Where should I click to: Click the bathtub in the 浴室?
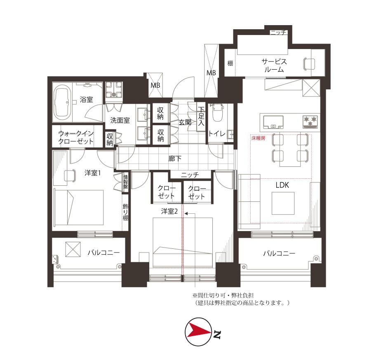click(x=62, y=103)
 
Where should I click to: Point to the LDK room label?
click(x=282, y=185)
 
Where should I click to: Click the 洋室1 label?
click(x=92, y=173)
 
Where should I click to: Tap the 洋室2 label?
click(x=169, y=211)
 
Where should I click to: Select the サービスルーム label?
click(x=274, y=65)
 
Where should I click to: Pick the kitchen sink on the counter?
click(x=273, y=122)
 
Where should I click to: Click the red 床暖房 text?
click(x=258, y=138)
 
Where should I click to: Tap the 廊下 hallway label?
click(x=175, y=159)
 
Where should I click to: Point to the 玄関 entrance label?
click(x=185, y=123)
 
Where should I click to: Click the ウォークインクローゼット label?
click(x=76, y=137)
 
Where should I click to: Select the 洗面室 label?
click(x=120, y=120)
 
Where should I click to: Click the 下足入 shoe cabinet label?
click(x=201, y=116)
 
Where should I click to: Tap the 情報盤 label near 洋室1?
click(x=125, y=182)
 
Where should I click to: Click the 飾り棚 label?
click(x=125, y=212)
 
